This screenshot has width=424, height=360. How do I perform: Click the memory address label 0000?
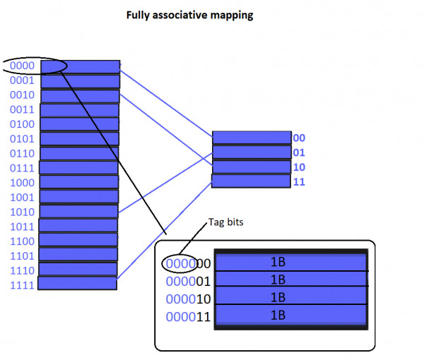22,66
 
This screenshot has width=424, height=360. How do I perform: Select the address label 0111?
22,167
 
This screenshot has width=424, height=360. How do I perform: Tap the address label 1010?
22,211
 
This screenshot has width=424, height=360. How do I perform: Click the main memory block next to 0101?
79,138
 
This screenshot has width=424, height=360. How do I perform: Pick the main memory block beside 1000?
78,182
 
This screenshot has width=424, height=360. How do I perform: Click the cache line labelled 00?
251,138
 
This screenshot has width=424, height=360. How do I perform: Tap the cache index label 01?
298,152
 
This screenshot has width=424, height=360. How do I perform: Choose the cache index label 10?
298,167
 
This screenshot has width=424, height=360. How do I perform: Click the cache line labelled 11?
251,181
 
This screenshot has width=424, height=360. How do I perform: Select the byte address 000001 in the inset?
188,282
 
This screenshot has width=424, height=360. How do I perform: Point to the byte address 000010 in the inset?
188,299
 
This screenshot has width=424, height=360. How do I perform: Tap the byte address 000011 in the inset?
188,317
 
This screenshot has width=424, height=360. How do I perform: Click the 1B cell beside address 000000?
290,262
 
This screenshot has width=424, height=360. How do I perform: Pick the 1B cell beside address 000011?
290,315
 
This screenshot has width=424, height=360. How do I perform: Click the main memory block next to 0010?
80,95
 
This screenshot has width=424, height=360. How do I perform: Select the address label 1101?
22,255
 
